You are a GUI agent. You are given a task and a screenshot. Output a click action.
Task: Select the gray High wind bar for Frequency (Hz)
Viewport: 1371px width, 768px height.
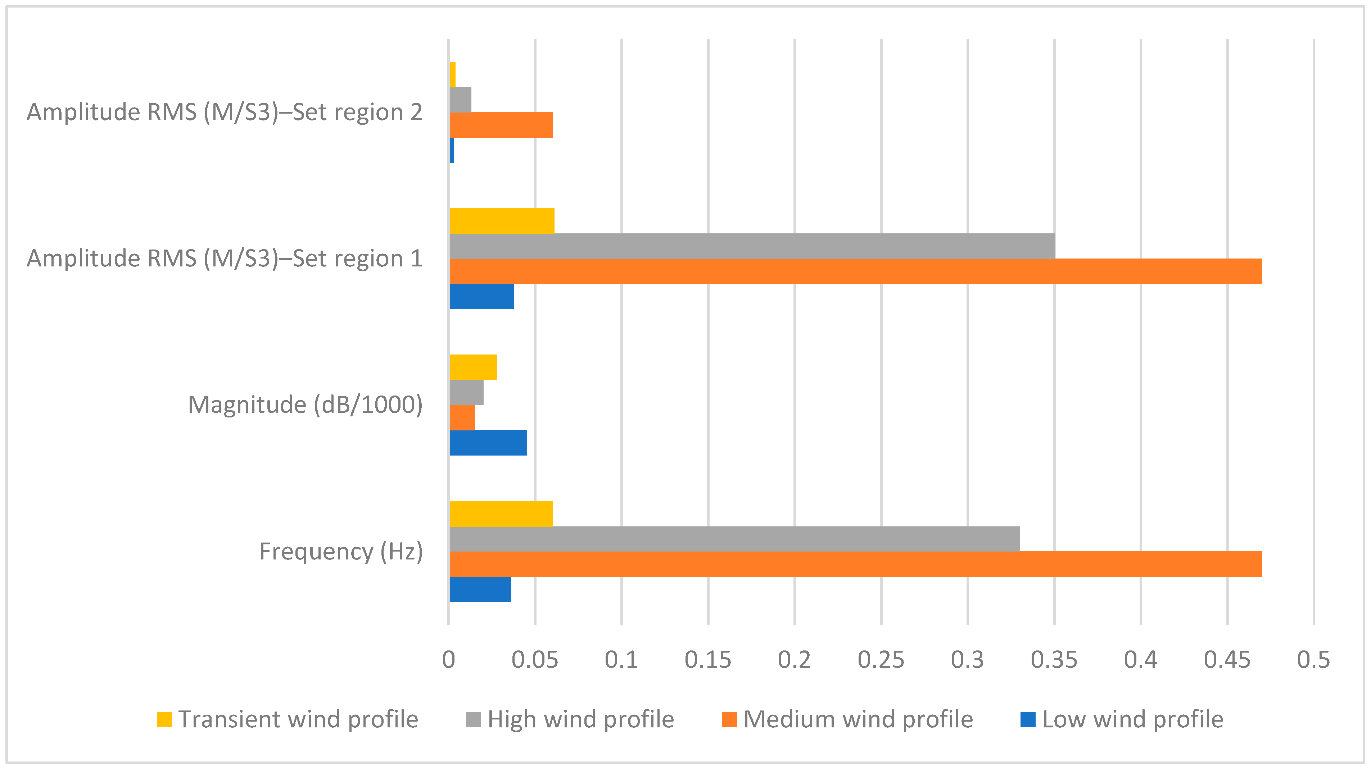[x=734, y=539]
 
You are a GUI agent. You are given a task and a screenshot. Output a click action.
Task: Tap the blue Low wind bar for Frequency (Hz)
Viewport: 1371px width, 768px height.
[x=480, y=589]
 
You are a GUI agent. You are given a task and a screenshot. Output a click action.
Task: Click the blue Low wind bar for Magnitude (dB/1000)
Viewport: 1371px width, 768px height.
[x=488, y=443]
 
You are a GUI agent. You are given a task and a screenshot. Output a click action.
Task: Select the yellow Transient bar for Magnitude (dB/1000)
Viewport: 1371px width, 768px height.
[x=473, y=367]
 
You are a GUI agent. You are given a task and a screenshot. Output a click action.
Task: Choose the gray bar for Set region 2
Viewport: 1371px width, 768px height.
[x=460, y=100]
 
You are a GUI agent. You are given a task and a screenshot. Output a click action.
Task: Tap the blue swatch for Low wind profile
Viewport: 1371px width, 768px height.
[x=1028, y=719]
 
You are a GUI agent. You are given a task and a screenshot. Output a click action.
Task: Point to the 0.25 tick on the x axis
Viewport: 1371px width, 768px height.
[x=881, y=659]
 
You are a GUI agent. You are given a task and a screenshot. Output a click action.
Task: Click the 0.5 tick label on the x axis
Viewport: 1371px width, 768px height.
[x=1313, y=659]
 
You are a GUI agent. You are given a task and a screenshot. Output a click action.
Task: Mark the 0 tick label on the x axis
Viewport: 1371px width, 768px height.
[x=449, y=659]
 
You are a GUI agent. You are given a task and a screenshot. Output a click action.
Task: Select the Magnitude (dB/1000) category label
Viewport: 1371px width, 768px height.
[x=305, y=405]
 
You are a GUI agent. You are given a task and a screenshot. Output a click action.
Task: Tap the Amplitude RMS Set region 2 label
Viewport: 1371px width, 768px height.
[x=224, y=112]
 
